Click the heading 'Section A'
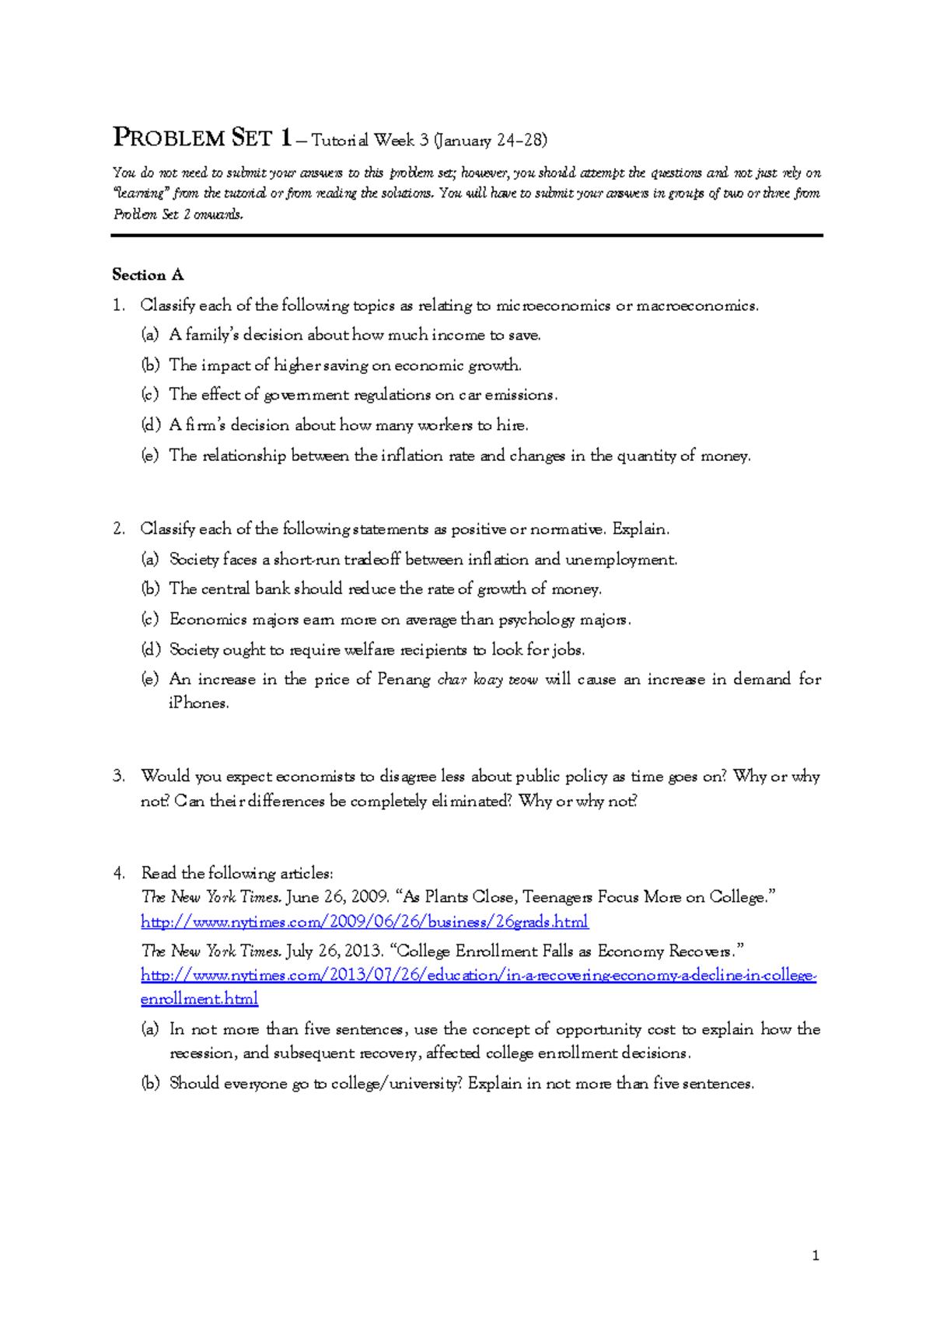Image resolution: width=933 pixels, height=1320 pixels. point(148,274)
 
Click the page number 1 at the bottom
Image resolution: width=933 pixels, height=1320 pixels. point(815,1255)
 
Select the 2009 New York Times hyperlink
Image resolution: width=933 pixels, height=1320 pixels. point(364,922)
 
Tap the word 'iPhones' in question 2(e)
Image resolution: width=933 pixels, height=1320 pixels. point(198,704)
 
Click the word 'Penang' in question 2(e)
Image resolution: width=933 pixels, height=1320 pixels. point(404,679)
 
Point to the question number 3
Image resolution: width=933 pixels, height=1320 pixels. point(118,776)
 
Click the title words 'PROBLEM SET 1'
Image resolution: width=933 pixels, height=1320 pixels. point(202,138)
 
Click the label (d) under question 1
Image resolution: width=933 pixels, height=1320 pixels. point(150,425)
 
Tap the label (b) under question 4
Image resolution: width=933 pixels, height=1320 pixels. point(150,1083)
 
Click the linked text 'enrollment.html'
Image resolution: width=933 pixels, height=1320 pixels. point(199,999)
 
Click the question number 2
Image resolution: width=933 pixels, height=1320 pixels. point(118,529)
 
